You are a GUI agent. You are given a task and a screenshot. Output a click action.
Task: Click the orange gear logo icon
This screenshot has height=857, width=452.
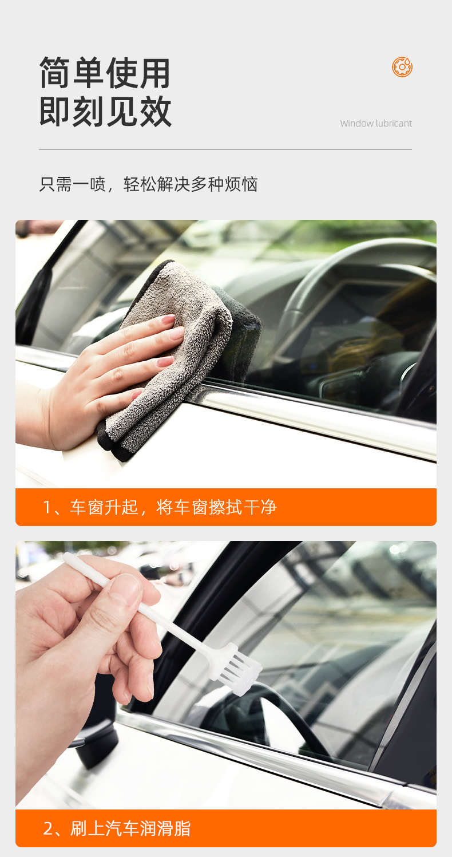402,67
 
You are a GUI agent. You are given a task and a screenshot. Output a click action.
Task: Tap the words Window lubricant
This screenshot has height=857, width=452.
376,123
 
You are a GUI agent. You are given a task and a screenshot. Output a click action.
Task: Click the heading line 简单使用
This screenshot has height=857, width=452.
105,73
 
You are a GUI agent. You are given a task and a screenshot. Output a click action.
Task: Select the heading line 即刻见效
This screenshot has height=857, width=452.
105,111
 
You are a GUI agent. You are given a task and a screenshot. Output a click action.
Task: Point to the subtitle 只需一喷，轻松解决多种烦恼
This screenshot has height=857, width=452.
149,184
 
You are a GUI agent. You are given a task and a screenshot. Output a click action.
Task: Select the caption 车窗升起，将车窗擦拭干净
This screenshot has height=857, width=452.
173,507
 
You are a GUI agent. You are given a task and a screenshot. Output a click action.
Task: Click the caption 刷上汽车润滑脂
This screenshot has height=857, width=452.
130,828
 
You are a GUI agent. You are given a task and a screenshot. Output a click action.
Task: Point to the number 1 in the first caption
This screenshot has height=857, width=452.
47,508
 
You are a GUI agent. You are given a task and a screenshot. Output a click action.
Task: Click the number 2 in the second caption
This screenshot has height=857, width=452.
48,829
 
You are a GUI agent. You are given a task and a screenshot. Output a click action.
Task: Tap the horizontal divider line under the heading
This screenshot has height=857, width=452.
225,149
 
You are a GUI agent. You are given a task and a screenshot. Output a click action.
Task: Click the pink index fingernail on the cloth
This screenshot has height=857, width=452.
168,319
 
